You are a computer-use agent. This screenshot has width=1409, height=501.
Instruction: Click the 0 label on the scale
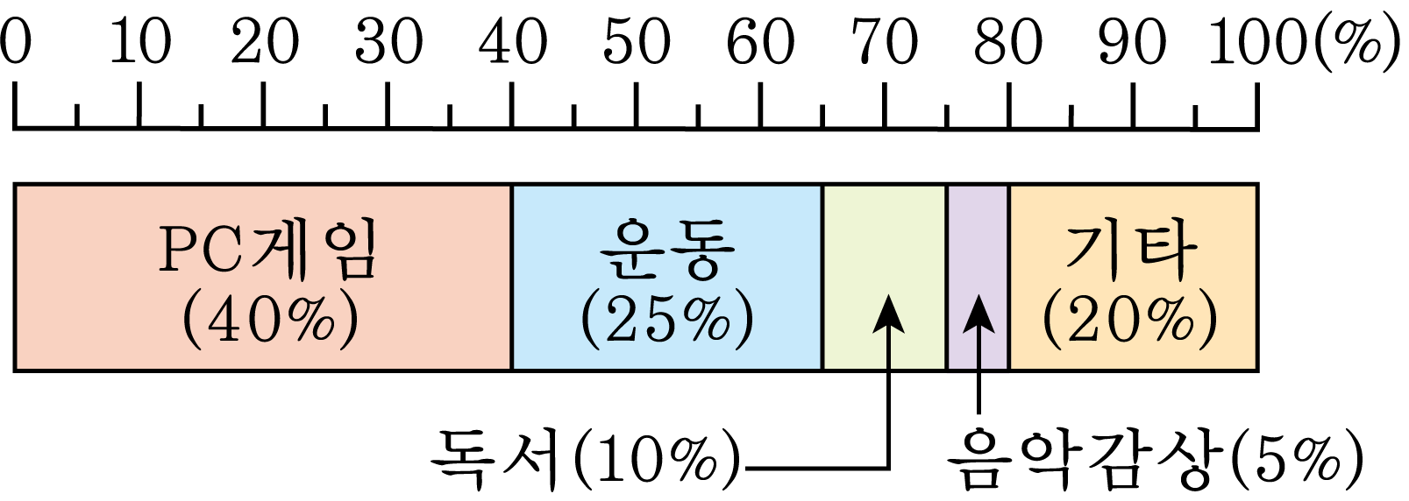coord(15,41)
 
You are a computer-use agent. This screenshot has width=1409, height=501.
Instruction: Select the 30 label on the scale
coord(388,41)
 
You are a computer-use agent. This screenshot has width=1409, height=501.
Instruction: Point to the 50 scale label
coord(637,41)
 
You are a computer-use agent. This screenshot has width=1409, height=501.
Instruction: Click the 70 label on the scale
coord(885,41)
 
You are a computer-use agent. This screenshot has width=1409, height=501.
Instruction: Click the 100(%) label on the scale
coord(1306,41)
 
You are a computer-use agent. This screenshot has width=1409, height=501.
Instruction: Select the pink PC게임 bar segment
coord(263,278)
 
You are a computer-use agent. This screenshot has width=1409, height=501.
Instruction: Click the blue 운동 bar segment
coord(667,278)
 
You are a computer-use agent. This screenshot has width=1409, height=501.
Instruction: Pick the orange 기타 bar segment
coord(1134,278)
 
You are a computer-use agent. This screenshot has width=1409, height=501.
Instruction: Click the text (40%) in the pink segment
coord(270,321)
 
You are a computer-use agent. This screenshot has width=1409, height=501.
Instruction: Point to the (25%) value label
coord(667,321)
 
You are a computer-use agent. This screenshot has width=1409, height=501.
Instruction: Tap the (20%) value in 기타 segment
coord(1130,321)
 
